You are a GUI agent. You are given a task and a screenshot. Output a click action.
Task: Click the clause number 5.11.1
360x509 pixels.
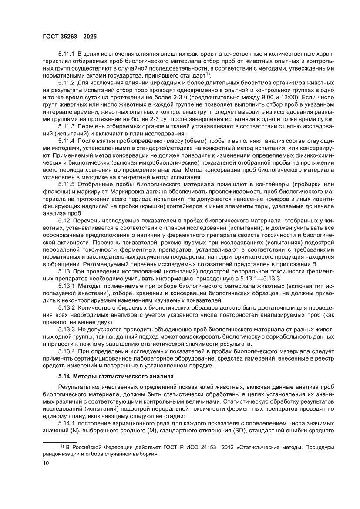coord(67,54)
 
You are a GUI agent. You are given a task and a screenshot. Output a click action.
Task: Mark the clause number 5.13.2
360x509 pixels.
coord(67,307)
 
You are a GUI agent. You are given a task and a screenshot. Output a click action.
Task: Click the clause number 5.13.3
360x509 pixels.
coord(67,329)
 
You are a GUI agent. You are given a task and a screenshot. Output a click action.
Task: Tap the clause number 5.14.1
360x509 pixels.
coord(67,423)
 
